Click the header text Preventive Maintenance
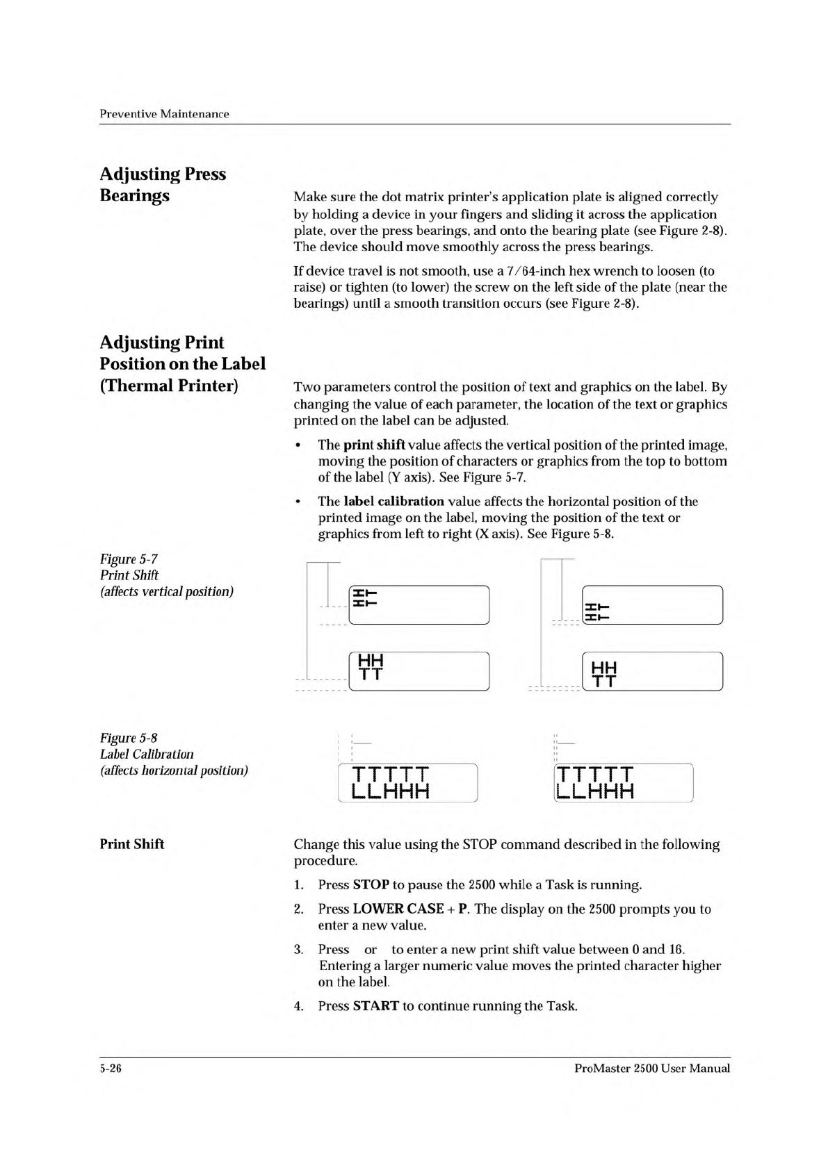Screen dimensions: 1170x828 point(164,114)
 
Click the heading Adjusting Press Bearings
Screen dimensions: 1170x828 point(163,184)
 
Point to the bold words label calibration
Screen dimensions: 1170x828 point(393,501)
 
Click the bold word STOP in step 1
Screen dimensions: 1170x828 point(371,884)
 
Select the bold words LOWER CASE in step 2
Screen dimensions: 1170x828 point(398,909)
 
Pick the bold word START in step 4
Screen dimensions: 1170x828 point(375,1005)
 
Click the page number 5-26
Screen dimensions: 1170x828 point(111,1069)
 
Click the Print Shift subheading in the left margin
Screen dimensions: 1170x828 point(132,844)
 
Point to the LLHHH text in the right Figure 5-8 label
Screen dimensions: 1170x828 point(595,791)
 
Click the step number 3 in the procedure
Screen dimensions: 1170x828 point(298,949)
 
